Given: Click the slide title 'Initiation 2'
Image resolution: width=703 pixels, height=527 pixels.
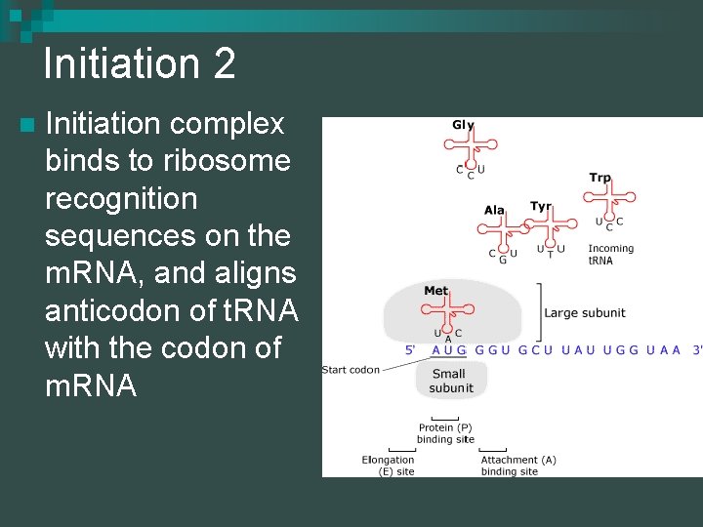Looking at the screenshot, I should [x=140, y=64].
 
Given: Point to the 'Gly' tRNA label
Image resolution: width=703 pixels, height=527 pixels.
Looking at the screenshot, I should [x=463, y=125].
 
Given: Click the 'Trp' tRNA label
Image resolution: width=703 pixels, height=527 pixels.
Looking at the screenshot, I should [x=600, y=178].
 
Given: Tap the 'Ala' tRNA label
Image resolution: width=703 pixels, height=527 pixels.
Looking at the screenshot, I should [x=494, y=210].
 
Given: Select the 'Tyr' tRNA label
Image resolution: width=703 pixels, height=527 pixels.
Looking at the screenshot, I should [x=540, y=206].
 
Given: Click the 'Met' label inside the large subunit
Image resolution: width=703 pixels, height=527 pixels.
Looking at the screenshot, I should [x=435, y=291].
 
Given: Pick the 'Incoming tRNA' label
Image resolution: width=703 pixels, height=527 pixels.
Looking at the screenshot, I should [x=610, y=255].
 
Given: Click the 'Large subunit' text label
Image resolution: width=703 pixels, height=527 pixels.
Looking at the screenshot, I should [x=585, y=313].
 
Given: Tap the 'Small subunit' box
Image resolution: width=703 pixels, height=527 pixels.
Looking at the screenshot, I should [x=451, y=381].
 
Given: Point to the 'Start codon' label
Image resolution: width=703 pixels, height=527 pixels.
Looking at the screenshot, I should [x=351, y=370].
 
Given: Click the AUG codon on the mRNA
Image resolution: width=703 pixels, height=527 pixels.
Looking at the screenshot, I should [x=449, y=349].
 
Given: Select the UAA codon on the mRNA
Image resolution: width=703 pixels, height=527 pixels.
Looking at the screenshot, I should [x=663, y=349].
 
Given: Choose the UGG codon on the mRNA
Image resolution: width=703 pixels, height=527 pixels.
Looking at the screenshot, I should [x=621, y=349].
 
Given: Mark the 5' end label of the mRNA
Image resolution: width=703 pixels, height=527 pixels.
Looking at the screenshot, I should [x=411, y=349].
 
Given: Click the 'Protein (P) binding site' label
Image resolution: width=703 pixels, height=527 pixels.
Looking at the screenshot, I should [x=445, y=433].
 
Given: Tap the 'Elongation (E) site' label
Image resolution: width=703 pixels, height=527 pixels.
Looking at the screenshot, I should [x=388, y=466].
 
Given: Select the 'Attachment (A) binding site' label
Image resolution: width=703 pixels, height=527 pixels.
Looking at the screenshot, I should [x=517, y=466].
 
